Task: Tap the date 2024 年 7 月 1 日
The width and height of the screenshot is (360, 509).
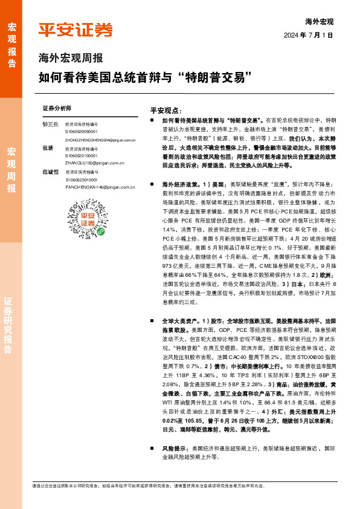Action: click(x=308, y=34)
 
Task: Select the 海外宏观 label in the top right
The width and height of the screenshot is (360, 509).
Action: click(x=320, y=21)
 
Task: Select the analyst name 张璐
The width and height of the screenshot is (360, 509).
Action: click(x=48, y=148)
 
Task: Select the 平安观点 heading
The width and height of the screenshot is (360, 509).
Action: click(x=167, y=111)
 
